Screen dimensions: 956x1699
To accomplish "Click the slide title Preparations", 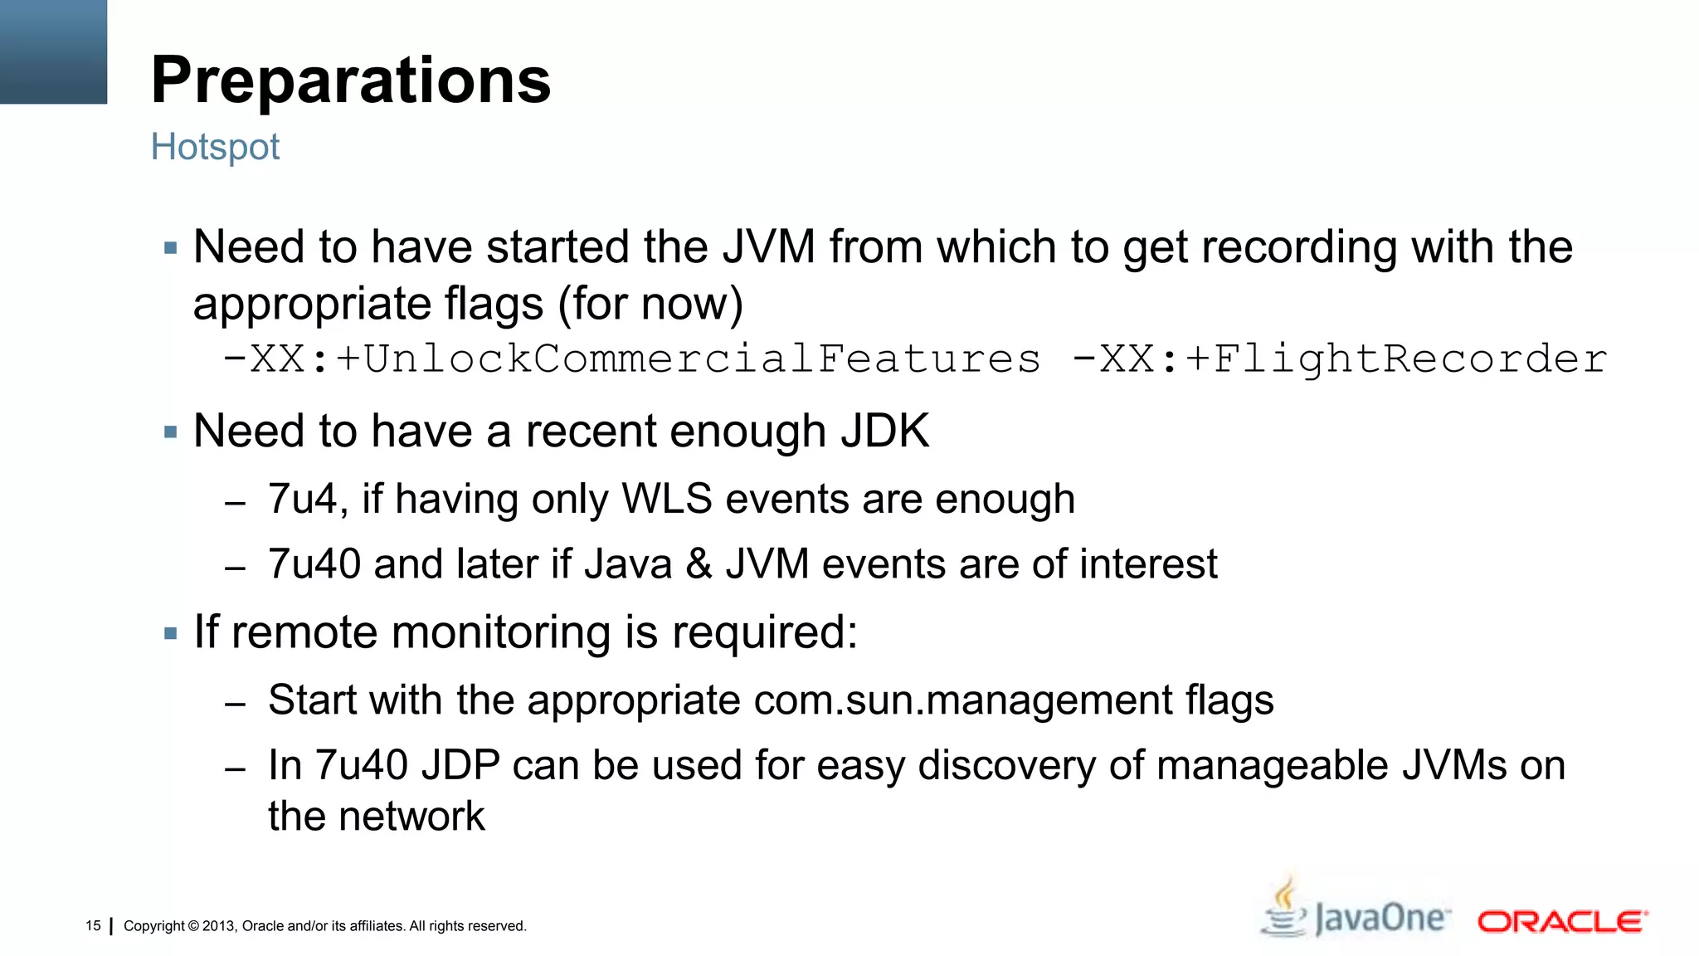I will pyautogui.click(x=351, y=80).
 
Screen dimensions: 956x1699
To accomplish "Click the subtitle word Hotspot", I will pyautogui.click(x=215, y=148).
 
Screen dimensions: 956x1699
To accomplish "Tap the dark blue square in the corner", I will pyautogui.click(x=53, y=51).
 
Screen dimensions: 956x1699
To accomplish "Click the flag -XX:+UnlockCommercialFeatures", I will pyautogui.click(x=631, y=359).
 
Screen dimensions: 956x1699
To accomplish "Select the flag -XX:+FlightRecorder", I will pyautogui.click(x=1339, y=359).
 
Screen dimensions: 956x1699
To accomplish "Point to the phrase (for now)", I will pyautogui.click(x=650, y=304).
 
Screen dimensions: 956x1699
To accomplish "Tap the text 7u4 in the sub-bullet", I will pyautogui.click(x=301, y=500).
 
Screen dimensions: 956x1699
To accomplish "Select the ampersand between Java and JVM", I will pyautogui.click(x=699, y=564).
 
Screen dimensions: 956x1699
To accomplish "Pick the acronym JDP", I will pyautogui.click(x=460, y=765).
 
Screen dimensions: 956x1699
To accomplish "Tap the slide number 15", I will pyautogui.click(x=93, y=925).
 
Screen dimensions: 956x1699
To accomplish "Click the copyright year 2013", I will pyautogui.click(x=219, y=926).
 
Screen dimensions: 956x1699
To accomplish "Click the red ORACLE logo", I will pyautogui.click(x=1562, y=922).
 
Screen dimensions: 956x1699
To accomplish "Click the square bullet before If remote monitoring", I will pyautogui.click(x=171, y=634).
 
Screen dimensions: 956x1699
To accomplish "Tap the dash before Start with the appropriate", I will pyautogui.click(x=235, y=704).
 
